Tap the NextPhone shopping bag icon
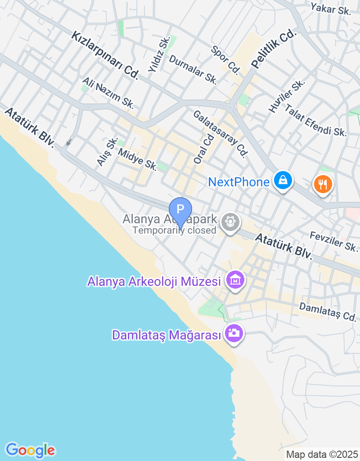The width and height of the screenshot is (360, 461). [x=283, y=181]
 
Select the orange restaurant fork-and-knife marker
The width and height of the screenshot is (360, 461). [x=323, y=184]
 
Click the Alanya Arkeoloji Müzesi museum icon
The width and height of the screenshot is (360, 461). [x=235, y=280]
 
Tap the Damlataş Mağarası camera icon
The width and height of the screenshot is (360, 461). [x=234, y=334]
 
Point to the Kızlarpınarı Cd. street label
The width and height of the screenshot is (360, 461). [x=104, y=56]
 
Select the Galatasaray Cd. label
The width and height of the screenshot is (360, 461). [x=220, y=134]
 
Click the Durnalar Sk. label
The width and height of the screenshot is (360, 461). [x=193, y=70]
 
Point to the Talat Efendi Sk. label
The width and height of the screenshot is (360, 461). [x=315, y=120]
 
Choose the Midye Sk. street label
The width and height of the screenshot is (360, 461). [x=137, y=159]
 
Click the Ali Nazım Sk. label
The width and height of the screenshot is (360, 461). [x=108, y=92]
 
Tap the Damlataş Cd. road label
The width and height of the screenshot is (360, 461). [x=328, y=312]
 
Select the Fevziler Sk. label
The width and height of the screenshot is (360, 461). [x=334, y=241]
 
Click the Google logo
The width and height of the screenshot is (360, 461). [x=30, y=450]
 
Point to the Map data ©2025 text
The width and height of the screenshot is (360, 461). [x=322, y=454]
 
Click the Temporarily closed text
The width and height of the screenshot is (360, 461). [x=175, y=230]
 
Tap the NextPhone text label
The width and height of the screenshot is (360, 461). [x=238, y=182]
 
